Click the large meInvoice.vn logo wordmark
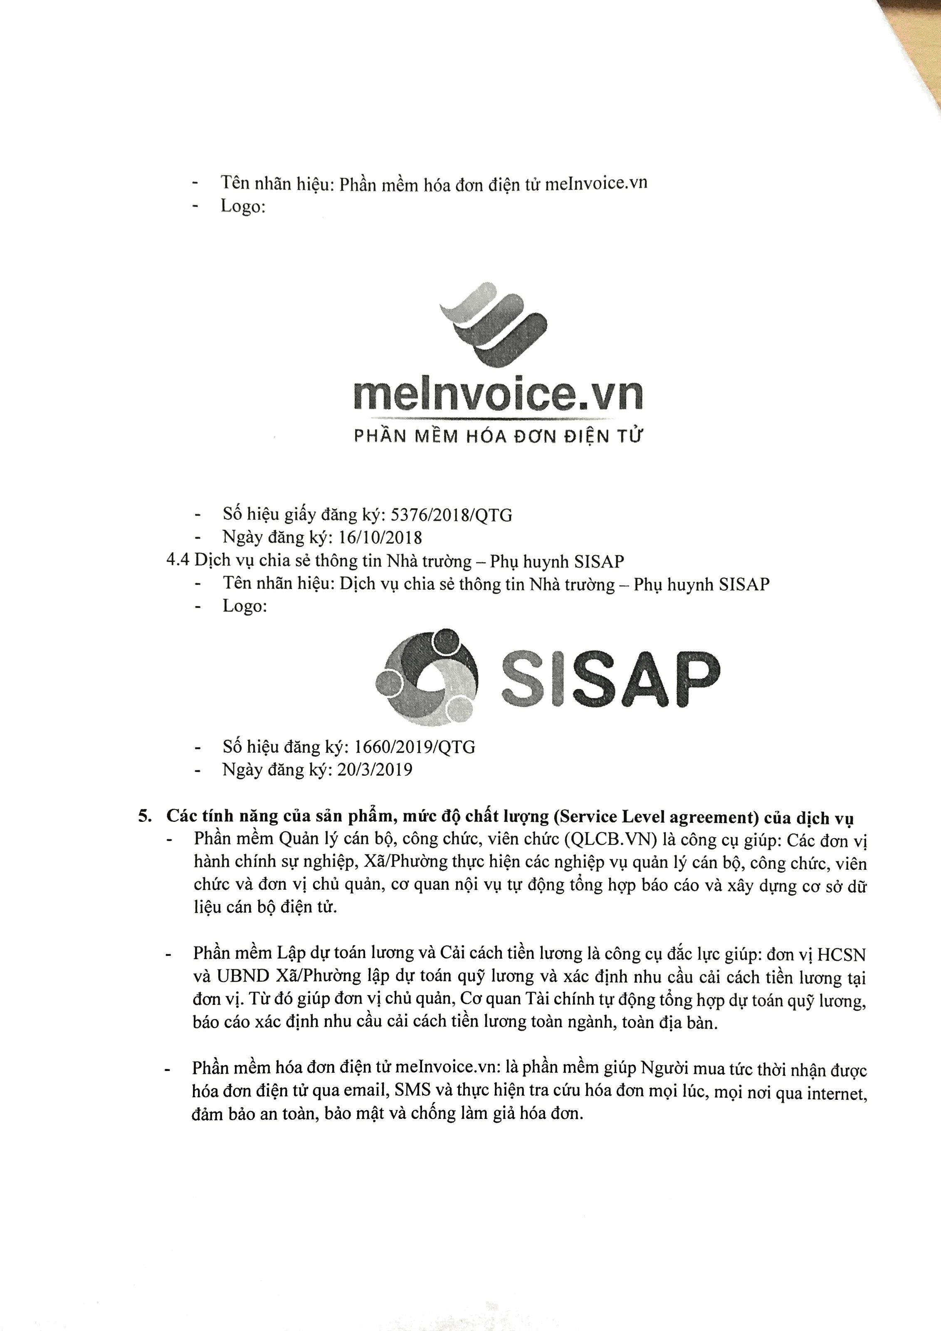pyautogui.click(x=498, y=396)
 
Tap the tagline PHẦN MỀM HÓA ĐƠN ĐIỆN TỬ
pyautogui.click(x=498, y=436)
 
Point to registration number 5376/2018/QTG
pyautogui.click(x=452, y=515)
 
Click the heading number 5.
pyautogui.click(x=144, y=816)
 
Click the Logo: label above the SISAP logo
pyautogui.click(x=245, y=606)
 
